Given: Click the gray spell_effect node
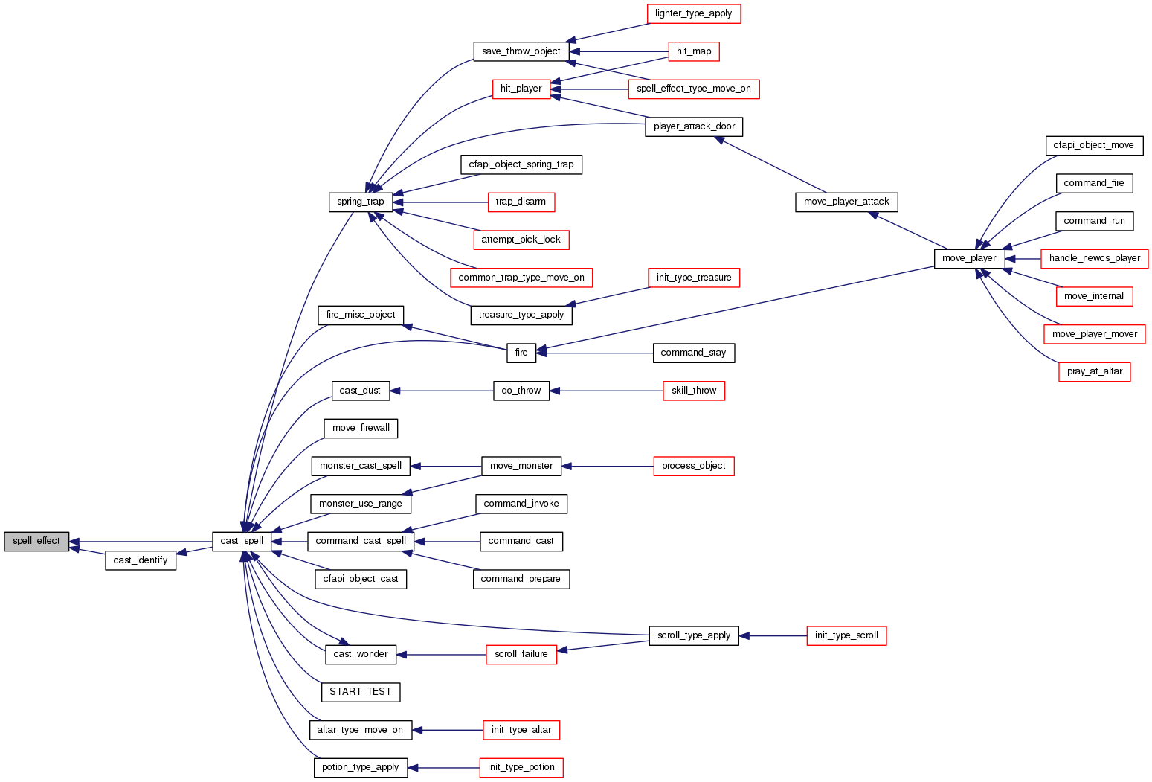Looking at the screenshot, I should [x=36, y=541].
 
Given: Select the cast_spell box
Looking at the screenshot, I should [x=242, y=541].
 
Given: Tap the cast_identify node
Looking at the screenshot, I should [x=141, y=560].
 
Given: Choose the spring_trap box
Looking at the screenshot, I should [x=361, y=202].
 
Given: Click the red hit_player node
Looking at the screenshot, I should [x=521, y=89].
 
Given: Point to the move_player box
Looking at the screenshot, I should [x=969, y=258].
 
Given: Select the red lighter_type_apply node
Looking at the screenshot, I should [x=693, y=13].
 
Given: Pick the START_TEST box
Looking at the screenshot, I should [x=361, y=692].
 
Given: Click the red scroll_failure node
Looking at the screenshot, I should [x=521, y=654].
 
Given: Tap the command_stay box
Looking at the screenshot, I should [x=693, y=353].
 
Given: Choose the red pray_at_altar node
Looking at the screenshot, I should [x=1094, y=371].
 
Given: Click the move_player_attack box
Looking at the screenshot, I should [x=846, y=202].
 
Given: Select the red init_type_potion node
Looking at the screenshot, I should [x=521, y=767].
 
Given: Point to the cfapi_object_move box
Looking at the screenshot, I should [x=1093, y=145].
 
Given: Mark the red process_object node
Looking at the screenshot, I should [x=693, y=466].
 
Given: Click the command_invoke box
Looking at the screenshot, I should [x=521, y=504].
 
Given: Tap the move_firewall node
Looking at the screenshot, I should [x=361, y=428].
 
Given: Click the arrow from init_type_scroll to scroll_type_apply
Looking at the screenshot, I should [x=773, y=636].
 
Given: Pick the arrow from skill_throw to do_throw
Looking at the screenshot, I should [x=606, y=391].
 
